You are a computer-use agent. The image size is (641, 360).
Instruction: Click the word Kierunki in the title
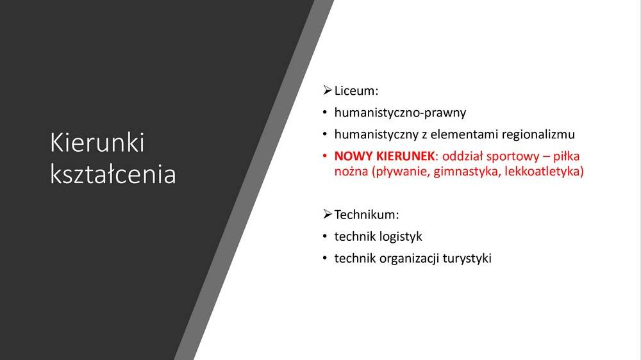[97, 143]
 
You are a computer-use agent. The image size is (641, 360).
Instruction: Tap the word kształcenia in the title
[113, 174]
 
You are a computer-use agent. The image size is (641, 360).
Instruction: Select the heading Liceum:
[356, 91]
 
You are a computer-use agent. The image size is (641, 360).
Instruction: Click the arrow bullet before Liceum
[327, 90]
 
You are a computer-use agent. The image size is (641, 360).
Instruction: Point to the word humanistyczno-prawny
[400, 113]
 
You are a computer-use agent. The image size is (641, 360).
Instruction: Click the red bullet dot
[324, 156]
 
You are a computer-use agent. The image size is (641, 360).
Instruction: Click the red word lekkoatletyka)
[544, 171]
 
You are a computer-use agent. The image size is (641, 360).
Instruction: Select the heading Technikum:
[366, 215]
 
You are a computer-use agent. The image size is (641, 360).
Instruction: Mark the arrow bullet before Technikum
[327, 214]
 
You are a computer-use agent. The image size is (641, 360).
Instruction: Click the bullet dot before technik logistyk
[324, 236]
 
